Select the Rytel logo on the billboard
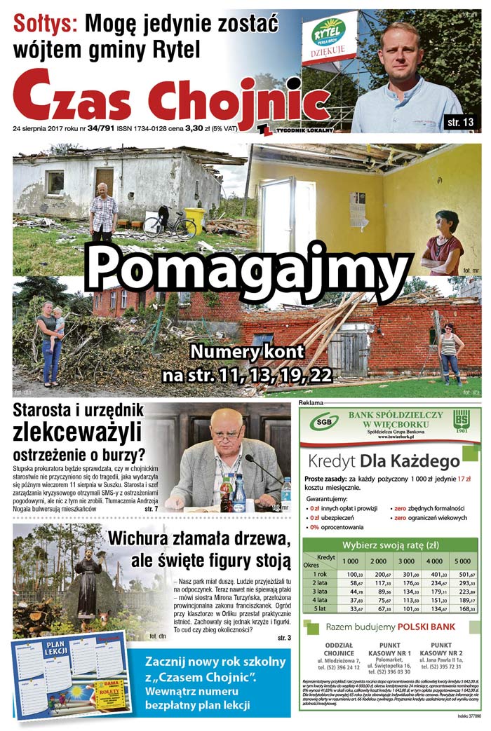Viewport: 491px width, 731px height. pos(328,32)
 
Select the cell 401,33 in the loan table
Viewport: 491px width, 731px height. pos(435,575)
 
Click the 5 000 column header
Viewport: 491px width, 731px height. pos(462,561)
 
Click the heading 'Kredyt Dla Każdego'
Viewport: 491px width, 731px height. pos(383,460)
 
